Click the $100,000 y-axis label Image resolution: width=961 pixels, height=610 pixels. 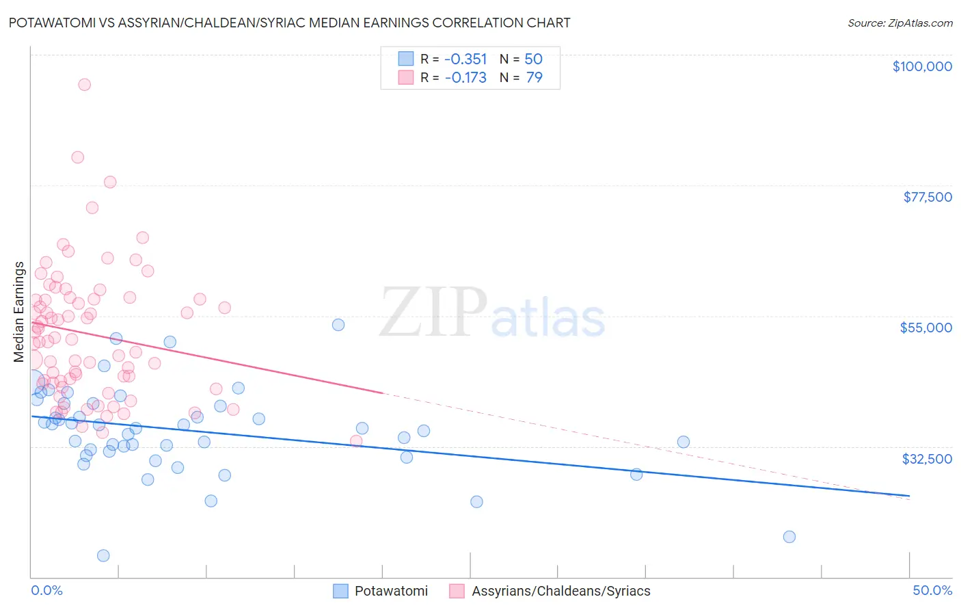pyautogui.click(x=921, y=66)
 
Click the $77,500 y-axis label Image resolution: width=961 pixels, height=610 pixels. pyautogui.click(x=927, y=197)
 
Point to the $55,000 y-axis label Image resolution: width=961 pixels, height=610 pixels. pyautogui.click(x=925, y=328)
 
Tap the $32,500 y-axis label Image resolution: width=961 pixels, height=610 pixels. pyautogui.click(x=927, y=459)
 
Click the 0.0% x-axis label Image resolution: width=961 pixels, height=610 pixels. pyautogui.click(x=46, y=590)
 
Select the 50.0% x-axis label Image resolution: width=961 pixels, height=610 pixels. pyautogui.click(x=932, y=590)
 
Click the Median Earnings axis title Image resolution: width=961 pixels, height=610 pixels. pyautogui.click(x=19, y=312)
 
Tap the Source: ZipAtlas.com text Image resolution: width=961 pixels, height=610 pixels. pyautogui.click(x=899, y=23)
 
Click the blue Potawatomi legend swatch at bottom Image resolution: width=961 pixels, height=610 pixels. pyautogui.click(x=340, y=591)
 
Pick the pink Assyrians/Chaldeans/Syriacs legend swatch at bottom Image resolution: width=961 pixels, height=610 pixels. pyautogui.click(x=457, y=591)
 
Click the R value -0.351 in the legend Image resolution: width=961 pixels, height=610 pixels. pyautogui.click(x=465, y=59)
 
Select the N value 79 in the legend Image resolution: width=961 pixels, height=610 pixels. pyautogui.click(x=534, y=78)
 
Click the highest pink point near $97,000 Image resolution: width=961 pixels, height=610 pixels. pyautogui.click(x=84, y=85)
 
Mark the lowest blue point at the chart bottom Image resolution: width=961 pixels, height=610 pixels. pyautogui.click(x=103, y=555)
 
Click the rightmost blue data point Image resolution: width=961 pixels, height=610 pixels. pyautogui.click(x=789, y=537)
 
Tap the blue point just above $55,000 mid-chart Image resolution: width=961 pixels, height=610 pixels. pyautogui.click(x=338, y=325)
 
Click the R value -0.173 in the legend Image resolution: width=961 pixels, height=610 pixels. pyautogui.click(x=465, y=78)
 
